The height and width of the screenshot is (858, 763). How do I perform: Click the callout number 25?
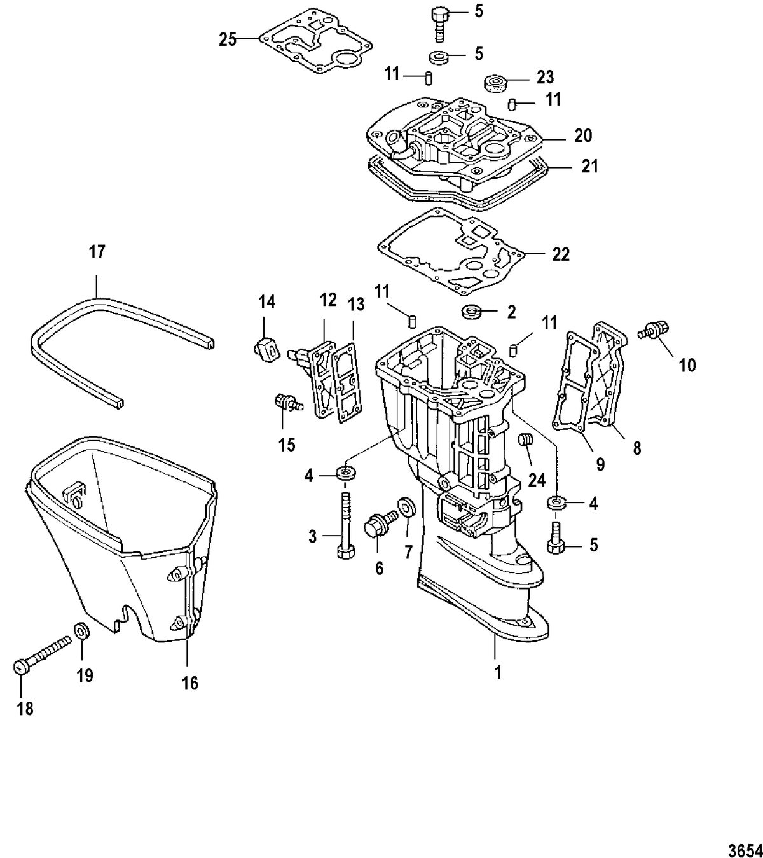(228, 40)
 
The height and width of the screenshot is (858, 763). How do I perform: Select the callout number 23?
(545, 78)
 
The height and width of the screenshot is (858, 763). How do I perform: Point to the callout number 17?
(97, 252)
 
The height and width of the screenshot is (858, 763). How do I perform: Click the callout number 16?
(190, 683)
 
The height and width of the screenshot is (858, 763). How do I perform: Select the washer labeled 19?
(81, 632)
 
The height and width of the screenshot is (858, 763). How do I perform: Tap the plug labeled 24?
(525, 441)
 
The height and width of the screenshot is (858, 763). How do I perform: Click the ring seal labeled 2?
(471, 312)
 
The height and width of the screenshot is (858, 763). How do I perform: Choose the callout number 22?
(561, 254)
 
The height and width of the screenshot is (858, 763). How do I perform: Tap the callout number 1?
(498, 672)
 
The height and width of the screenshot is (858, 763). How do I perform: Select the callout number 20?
(582, 135)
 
